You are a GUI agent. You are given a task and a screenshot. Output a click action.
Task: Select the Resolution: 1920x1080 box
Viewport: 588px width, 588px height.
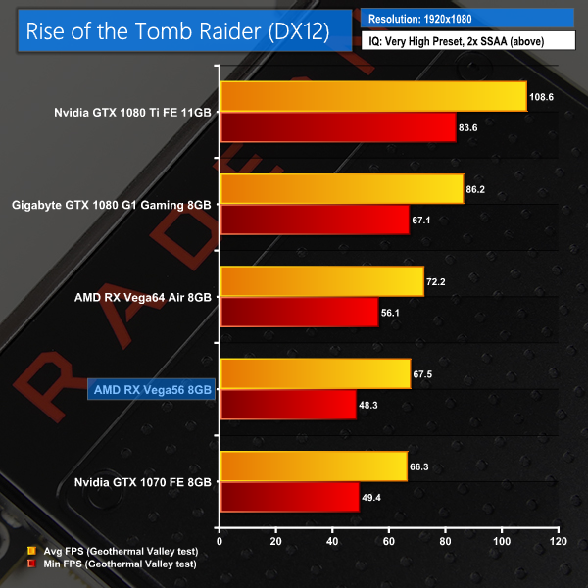[466, 18]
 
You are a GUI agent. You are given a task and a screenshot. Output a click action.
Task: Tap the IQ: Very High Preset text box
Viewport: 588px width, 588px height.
[466, 41]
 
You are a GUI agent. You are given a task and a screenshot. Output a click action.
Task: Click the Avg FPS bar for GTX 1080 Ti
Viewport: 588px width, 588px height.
[373, 96]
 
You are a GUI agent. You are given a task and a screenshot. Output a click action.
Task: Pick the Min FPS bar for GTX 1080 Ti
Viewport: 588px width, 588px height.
[338, 127]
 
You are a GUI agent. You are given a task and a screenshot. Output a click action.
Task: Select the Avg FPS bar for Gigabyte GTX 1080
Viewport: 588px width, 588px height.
[342, 188]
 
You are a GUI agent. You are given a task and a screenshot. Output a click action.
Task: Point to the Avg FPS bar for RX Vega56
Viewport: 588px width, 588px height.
[316, 373]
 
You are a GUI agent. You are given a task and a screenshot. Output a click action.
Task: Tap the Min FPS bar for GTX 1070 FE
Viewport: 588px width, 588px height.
[290, 497]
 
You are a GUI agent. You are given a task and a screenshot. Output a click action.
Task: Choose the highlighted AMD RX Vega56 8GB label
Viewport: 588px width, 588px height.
[150, 389]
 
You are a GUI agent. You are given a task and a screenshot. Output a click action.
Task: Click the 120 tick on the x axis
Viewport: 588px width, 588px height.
[558, 541]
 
